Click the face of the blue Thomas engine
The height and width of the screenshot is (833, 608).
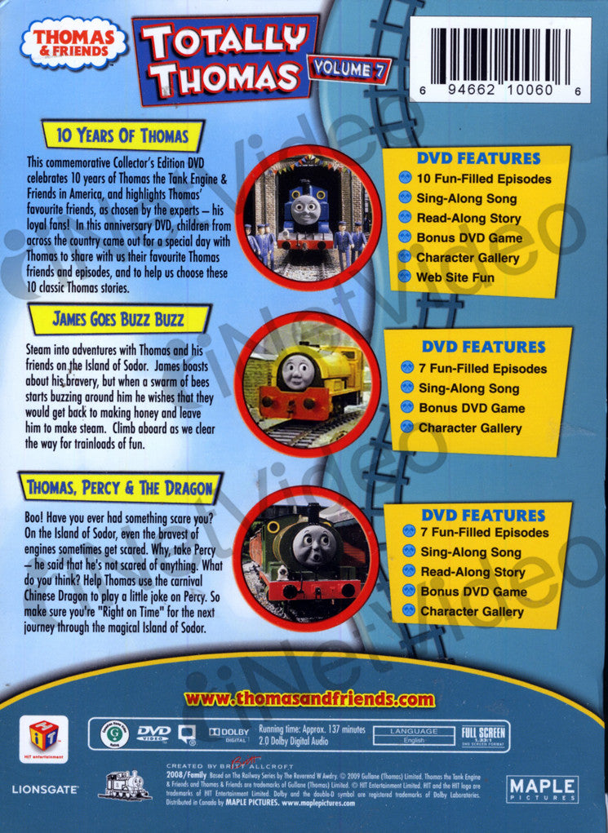tap(304, 210)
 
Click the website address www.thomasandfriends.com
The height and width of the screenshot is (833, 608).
tap(309, 699)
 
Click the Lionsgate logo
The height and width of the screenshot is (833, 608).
tap(45, 790)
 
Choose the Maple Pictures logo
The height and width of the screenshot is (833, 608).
tap(542, 789)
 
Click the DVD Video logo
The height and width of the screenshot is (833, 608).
tap(153, 733)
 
